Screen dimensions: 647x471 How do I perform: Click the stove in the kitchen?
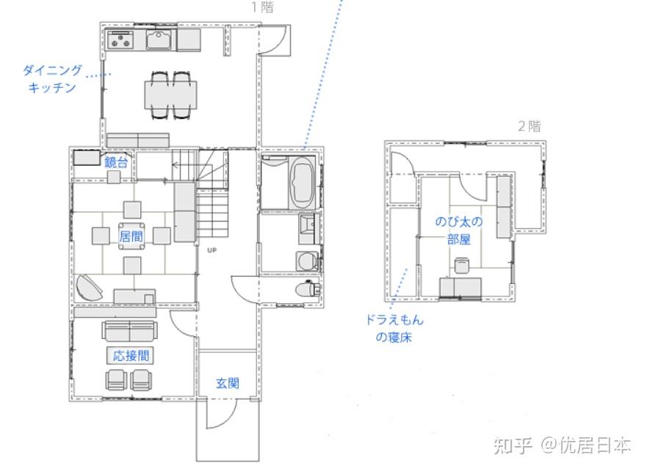click(x=120, y=40)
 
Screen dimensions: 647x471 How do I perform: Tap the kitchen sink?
click(x=159, y=40)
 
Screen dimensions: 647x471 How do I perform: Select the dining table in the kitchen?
click(x=170, y=95)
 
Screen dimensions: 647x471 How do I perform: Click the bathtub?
click(x=303, y=182)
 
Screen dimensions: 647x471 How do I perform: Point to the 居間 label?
click(x=131, y=236)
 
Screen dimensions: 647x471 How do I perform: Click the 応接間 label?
click(x=131, y=355)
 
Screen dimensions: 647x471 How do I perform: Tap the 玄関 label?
click(x=228, y=383)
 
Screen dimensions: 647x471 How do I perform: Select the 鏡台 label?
click(x=116, y=162)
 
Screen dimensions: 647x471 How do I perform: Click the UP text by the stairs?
click(x=212, y=250)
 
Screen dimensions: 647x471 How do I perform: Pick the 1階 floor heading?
click(x=263, y=7)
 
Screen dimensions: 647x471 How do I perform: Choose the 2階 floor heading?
click(x=529, y=125)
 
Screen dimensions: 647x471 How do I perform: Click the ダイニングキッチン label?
click(x=52, y=78)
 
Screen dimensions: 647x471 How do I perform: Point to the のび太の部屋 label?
click(x=459, y=230)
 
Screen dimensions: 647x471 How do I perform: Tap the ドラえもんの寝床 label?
click(x=394, y=329)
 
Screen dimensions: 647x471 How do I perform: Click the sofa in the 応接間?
click(x=129, y=331)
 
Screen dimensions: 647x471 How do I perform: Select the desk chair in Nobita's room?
click(x=462, y=265)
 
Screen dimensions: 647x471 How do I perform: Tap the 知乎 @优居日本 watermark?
click(x=563, y=445)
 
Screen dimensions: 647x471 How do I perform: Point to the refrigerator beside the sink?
click(x=189, y=40)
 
